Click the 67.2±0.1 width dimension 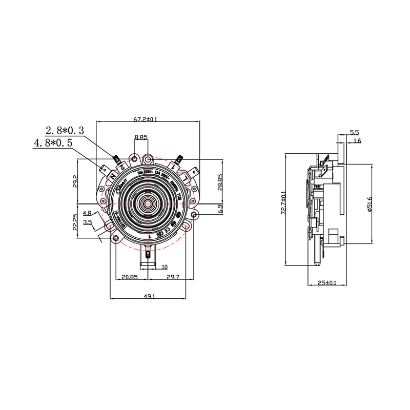point(146,119)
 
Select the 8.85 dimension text point(141,137)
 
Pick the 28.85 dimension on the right point(221,182)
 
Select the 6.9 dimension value point(221,209)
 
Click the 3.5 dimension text point(87,222)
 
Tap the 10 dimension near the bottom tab point(164,267)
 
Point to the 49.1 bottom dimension point(149,296)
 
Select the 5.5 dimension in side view point(354,133)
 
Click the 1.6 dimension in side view point(357,140)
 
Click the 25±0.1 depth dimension point(326,282)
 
